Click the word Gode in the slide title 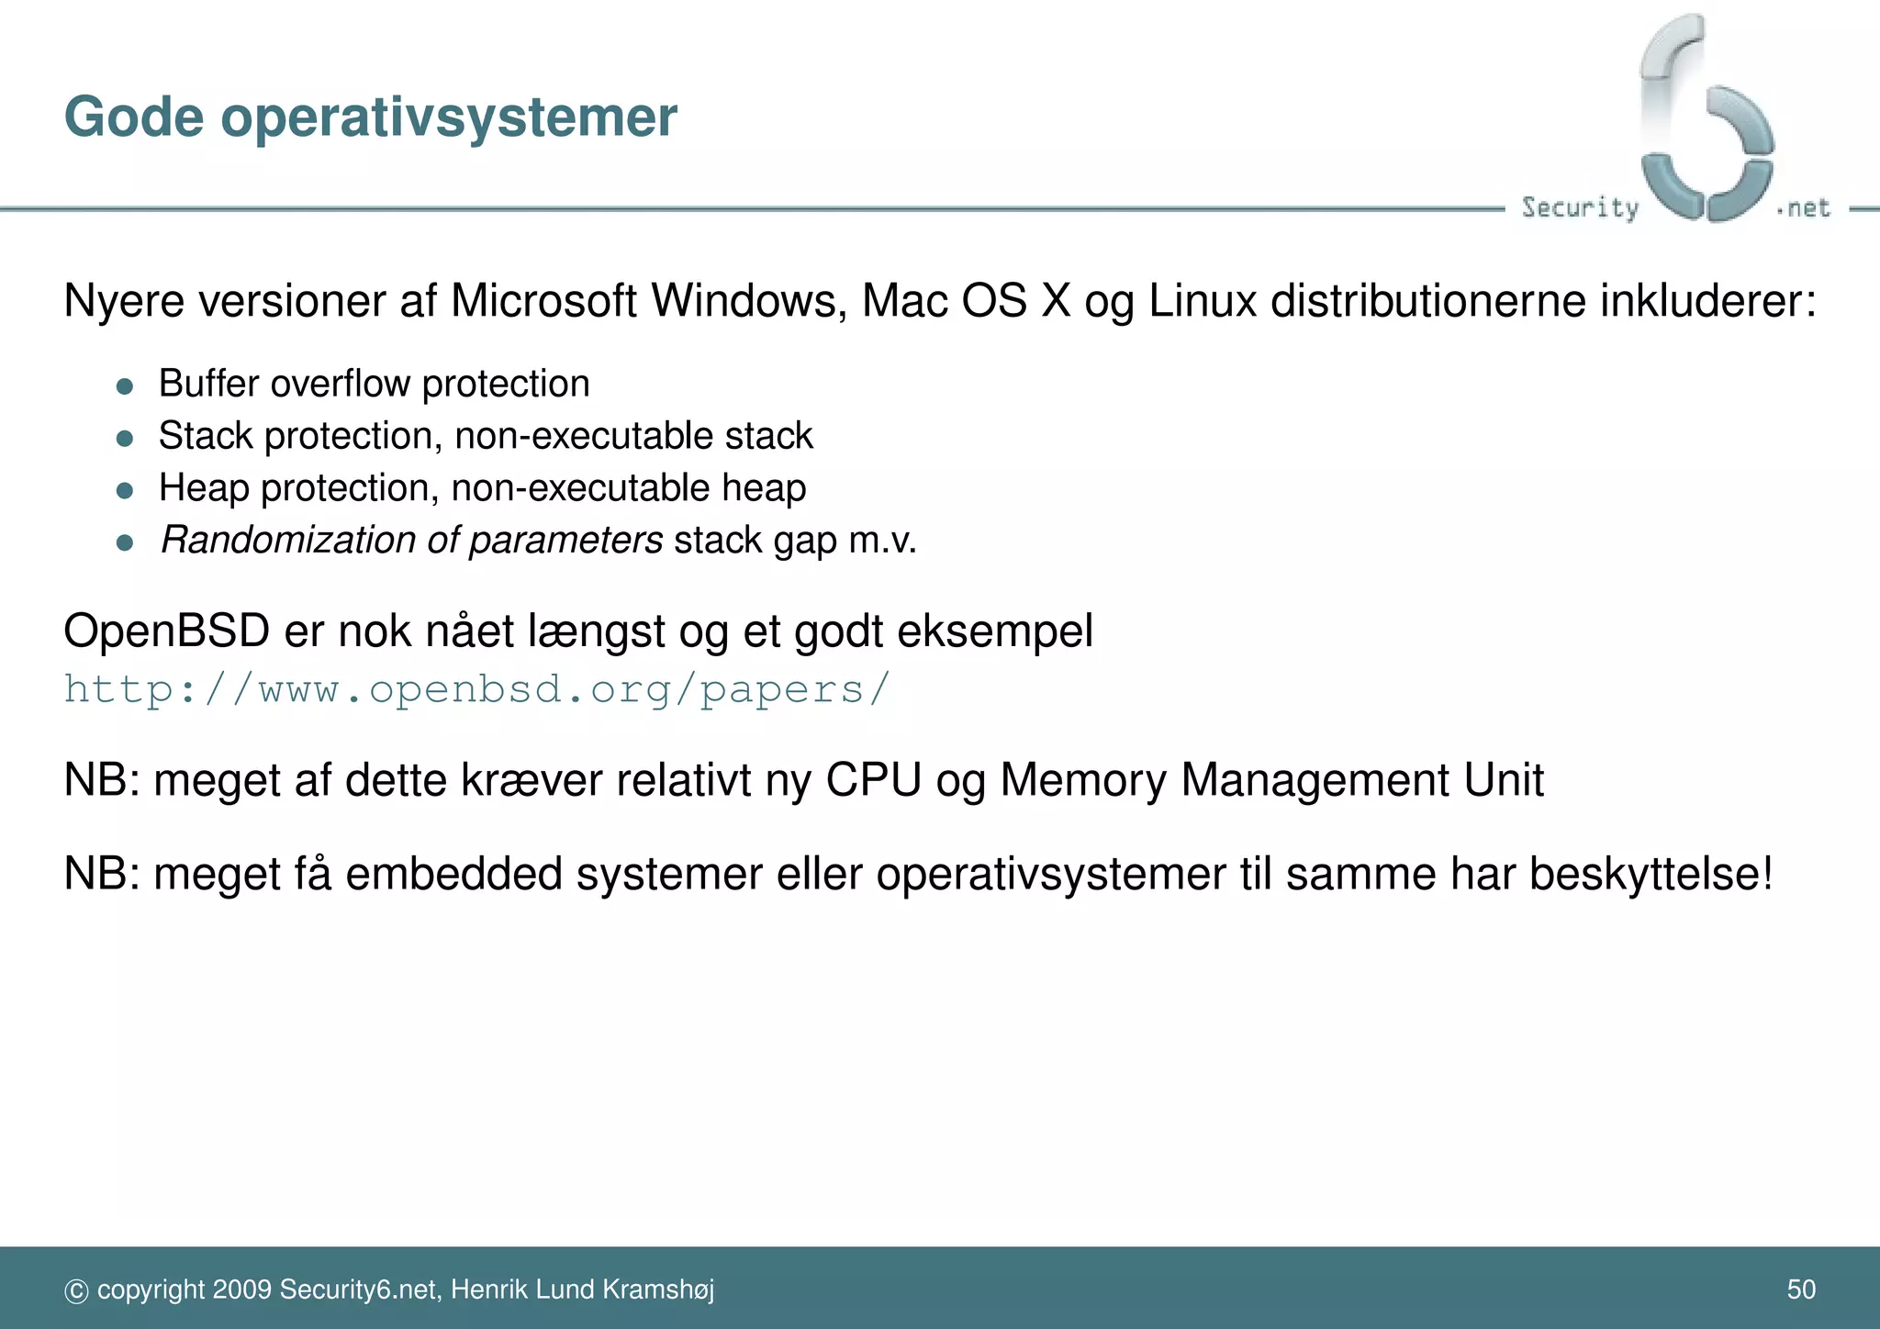tap(133, 117)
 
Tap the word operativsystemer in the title tap(448, 119)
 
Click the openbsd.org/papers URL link tap(476, 689)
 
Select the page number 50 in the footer tap(1801, 1290)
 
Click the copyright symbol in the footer tap(76, 1291)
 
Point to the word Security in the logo tap(1580, 207)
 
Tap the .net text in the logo tap(1804, 208)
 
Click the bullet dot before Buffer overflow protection tap(126, 385)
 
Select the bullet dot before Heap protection tap(126, 490)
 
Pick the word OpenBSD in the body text tap(166, 631)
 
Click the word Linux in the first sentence tap(1202, 301)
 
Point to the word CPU tap(873, 780)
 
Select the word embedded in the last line tap(453, 873)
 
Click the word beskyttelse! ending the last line tap(1651, 873)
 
